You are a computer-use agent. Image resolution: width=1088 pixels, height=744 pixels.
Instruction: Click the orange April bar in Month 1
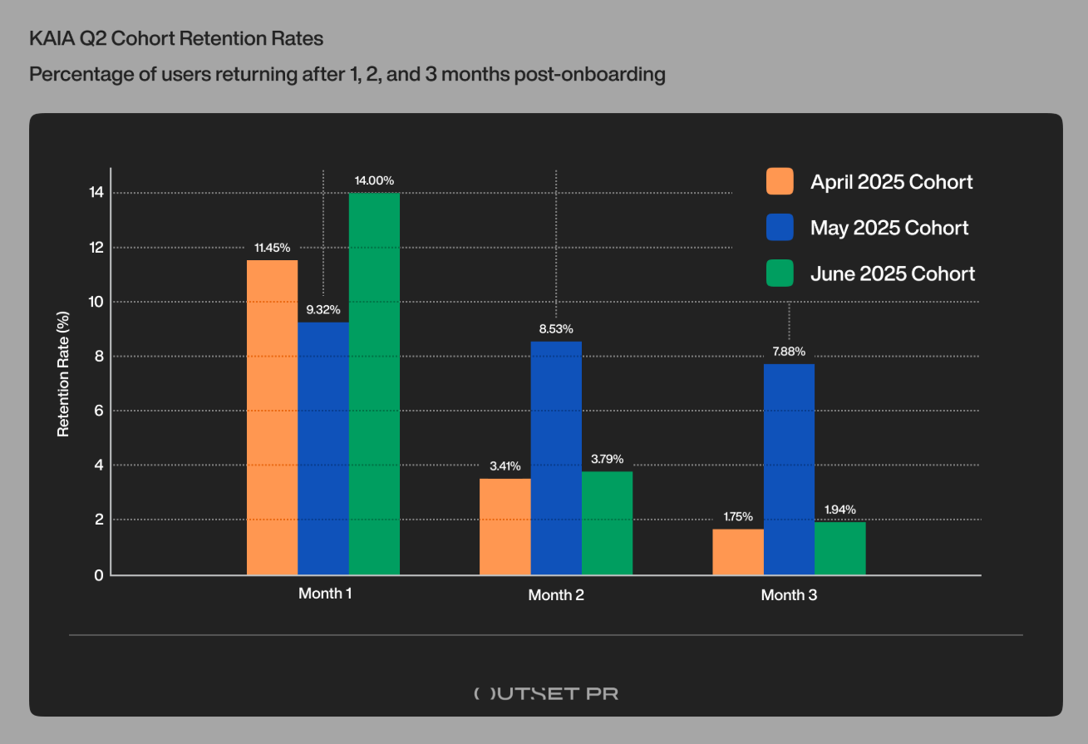[x=272, y=417]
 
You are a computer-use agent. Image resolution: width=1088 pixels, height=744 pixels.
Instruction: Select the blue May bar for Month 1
[x=323, y=449]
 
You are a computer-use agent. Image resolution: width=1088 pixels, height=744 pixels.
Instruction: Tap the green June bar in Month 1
[x=374, y=384]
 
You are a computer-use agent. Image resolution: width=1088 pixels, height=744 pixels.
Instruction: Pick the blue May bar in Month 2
[x=556, y=458]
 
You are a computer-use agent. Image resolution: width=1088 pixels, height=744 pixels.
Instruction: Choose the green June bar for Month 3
[x=839, y=549]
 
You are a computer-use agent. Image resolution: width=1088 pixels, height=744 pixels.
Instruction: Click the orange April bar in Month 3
[x=738, y=552]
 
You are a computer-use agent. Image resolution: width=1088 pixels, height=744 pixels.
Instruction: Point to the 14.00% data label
[x=374, y=180]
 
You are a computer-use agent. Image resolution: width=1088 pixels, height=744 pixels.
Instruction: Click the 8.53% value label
[x=556, y=329]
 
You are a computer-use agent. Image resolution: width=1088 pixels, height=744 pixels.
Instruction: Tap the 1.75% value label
[x=738, y=517]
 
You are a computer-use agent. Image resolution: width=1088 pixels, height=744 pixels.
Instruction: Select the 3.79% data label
[x=607, y=460]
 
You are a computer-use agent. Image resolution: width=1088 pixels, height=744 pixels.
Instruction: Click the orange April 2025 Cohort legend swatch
[x=780, y=181]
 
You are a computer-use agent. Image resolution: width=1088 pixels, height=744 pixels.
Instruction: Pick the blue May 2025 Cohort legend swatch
[x=780, y=227]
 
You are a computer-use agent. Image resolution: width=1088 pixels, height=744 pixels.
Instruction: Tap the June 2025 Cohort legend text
[x=892, y=273]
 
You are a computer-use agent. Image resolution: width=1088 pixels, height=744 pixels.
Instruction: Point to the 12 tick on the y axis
[x=96, y=248]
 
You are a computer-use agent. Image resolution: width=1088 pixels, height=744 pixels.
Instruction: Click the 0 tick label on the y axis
[x=99, y=575]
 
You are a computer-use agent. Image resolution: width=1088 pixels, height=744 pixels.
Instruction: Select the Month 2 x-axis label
[x=556, y=595]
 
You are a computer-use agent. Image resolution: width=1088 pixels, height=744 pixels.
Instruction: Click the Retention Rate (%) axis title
[x=63, y=374]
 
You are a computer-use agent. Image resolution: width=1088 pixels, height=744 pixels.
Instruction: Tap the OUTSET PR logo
[x=546, y=693]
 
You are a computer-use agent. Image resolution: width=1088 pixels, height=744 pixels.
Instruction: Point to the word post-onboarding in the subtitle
[x=589, y=74]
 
